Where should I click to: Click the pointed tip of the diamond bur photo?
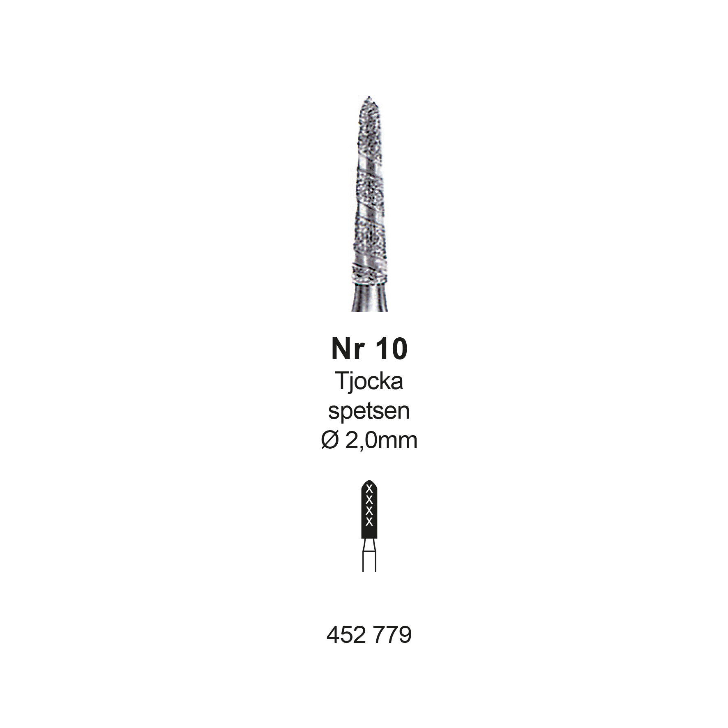click(x=369, y=97)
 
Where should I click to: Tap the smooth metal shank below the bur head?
click(x=369, y=298)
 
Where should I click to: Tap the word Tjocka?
click(x=369, y=381)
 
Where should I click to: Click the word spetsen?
click(x=369, y=411)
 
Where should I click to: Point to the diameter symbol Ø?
click(x=329, y=440)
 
